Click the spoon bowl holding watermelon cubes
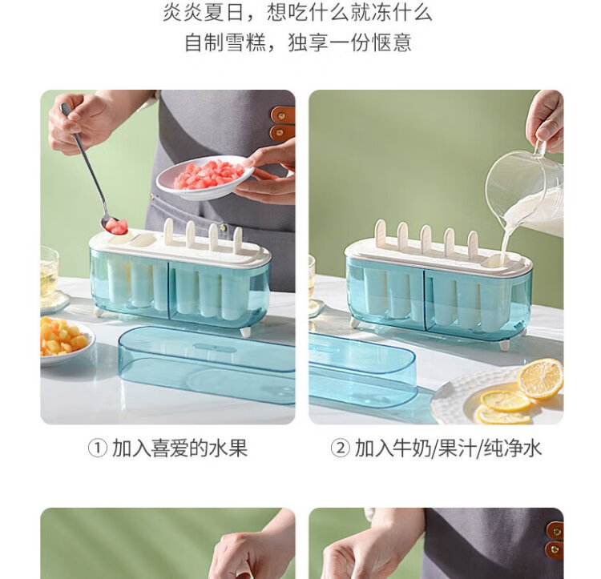pos(115,226)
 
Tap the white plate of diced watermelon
pos(205,177)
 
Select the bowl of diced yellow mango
pos(65,341)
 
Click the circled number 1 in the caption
pos(97,448)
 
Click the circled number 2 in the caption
pos(340,448)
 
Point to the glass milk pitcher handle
pos(541,149)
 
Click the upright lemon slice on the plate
pos(540,379)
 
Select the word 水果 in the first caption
pos(228,448)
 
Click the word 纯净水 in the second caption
pos(513,448)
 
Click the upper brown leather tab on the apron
pos(283,115)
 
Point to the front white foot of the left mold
pos(245,332)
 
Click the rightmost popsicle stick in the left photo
pos(238,239)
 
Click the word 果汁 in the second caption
pos(458,448)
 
